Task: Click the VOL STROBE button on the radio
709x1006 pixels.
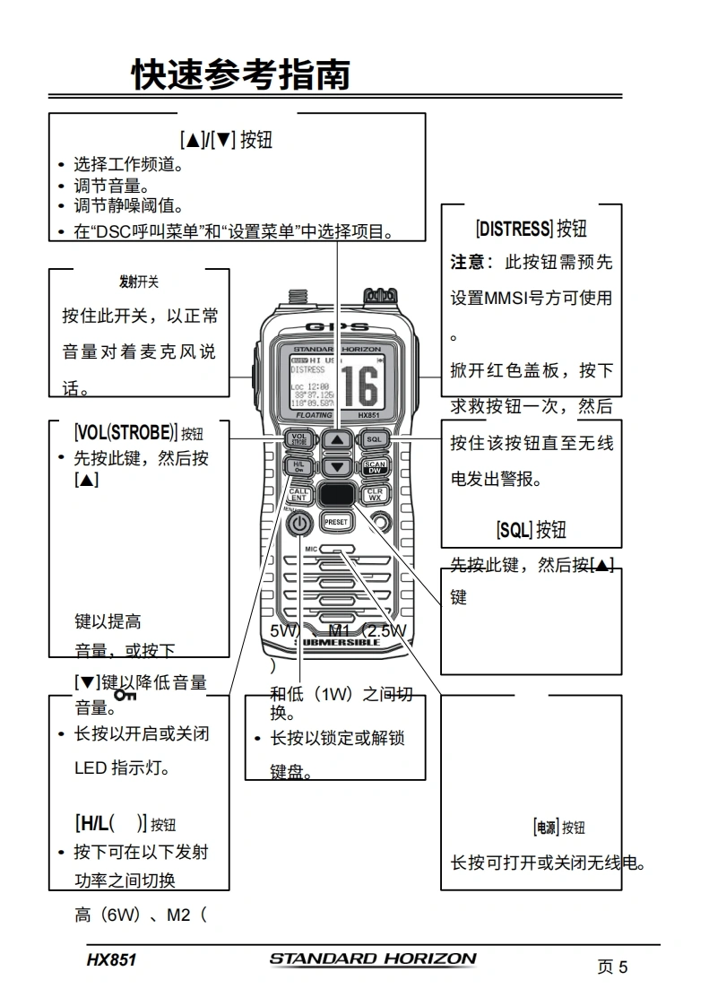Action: (298, 439)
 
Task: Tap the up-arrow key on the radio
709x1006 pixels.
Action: (336, 439)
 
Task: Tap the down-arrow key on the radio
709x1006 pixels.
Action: (336, 467)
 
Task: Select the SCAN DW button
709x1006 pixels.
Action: (375, 467)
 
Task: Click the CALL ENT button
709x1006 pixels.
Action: (298, 495)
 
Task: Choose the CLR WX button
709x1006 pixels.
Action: (375, 494)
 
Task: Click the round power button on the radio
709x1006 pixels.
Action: (299, 524)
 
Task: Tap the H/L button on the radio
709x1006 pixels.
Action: (298, 467)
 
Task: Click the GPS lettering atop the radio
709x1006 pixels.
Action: (336, 326)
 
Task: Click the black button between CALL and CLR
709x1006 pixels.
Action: (336, 494)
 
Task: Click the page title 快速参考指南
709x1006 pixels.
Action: (240, 74)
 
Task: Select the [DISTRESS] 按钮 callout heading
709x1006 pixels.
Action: (532, 229)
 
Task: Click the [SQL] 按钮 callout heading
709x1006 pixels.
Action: (532, 530)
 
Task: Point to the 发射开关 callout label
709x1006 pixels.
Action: (139, 282)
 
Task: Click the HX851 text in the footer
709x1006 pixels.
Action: (111, 960)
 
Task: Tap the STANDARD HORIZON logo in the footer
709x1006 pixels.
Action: (373, 958)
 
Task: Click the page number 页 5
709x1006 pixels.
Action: (612, 967)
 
